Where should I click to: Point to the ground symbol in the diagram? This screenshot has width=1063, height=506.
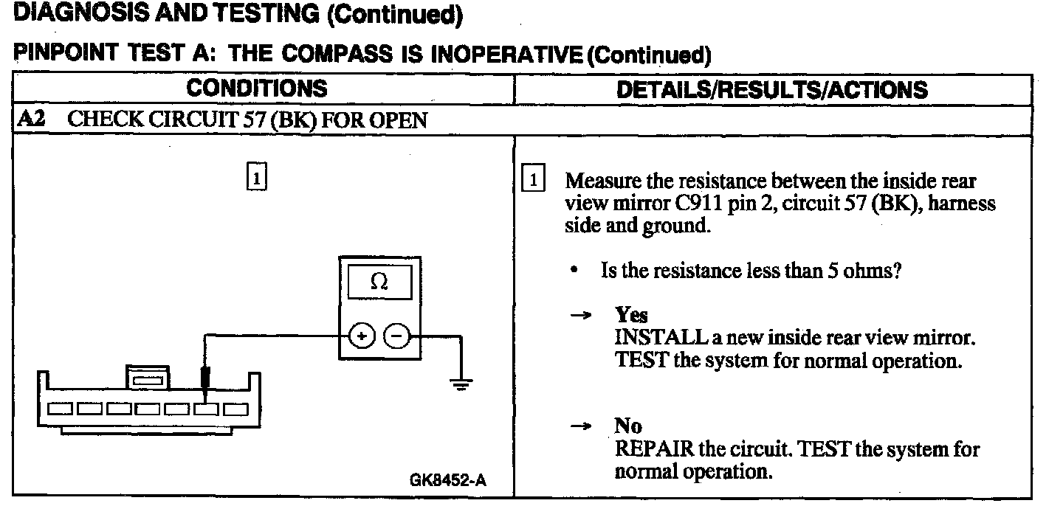pos(461,384)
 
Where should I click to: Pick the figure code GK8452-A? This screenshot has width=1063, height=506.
pos(448,481)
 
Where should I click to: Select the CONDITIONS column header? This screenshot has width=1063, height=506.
pos(256,89)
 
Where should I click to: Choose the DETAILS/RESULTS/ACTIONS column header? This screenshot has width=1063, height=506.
pos(771,90)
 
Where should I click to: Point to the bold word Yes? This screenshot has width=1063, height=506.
pos(631,315)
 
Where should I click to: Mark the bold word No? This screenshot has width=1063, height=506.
pos(628,426)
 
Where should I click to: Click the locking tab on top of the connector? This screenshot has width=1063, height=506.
pos(148,376)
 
